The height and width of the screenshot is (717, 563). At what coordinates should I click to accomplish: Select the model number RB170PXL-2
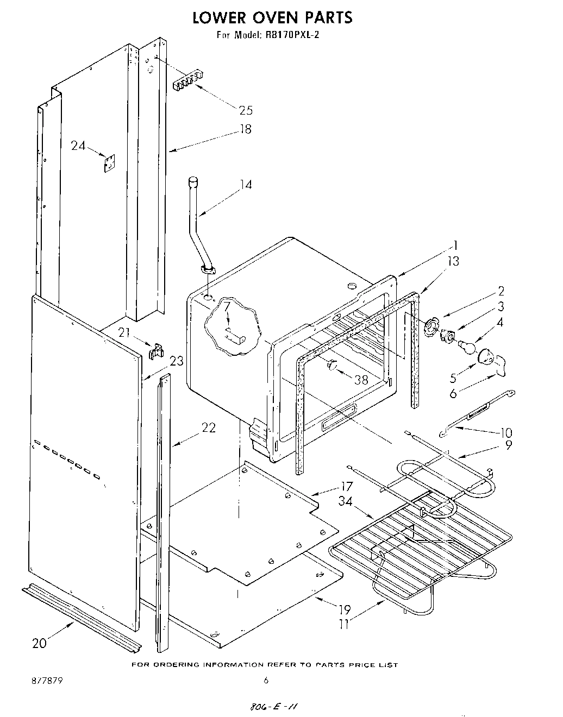click(x=294, y=36)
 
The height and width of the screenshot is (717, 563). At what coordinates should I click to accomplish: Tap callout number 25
click(x=246, y=110)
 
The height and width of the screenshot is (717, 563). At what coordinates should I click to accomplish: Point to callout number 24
click(x=78, y=146)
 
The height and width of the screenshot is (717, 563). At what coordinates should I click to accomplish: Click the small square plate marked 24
click(x=110, y=162)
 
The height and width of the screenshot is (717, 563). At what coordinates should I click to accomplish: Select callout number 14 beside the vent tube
click(x=246, y=185)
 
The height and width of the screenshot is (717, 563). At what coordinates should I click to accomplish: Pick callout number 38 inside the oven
click(x=361, y=380)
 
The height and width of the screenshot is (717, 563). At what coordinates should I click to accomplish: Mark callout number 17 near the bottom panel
click(x=346, y=486)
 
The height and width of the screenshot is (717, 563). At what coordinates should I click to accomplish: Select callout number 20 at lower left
click(x=39, y=643)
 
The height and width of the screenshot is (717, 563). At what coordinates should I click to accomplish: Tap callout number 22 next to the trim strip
click(x=208, y=427)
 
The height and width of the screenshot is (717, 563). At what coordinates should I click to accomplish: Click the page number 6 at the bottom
click(x=266, y=680)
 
